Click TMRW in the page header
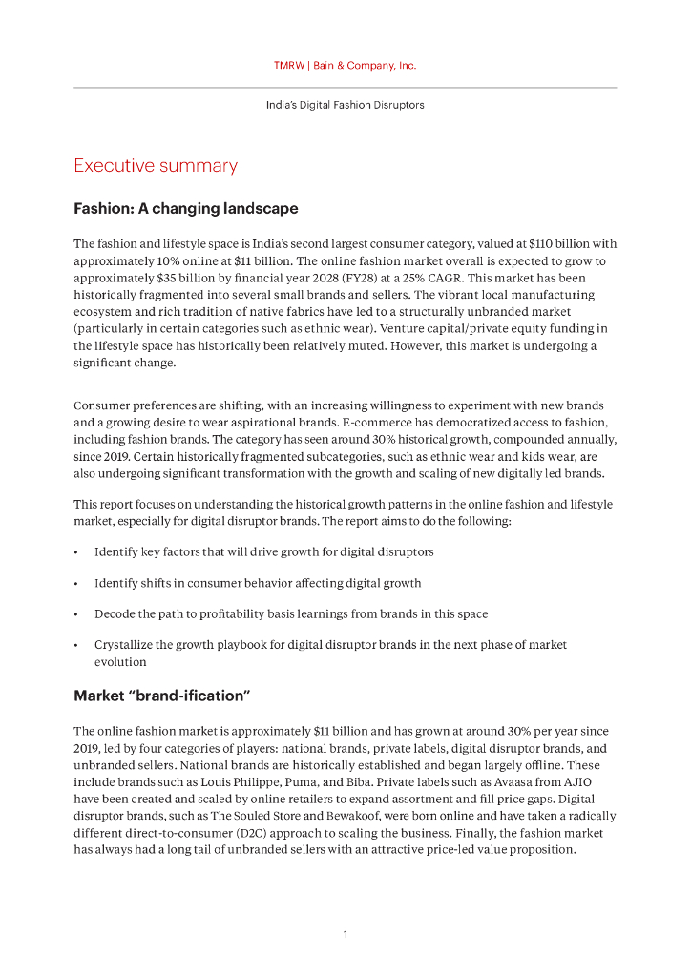(x=288, y=66)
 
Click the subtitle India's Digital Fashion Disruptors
(x=345, y=105)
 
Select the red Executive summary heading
(x=156, y=166)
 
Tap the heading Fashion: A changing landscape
(x=186, y=208)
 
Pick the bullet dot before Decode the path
(x=76, y=614)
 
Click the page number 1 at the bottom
(x=345, y=934)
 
